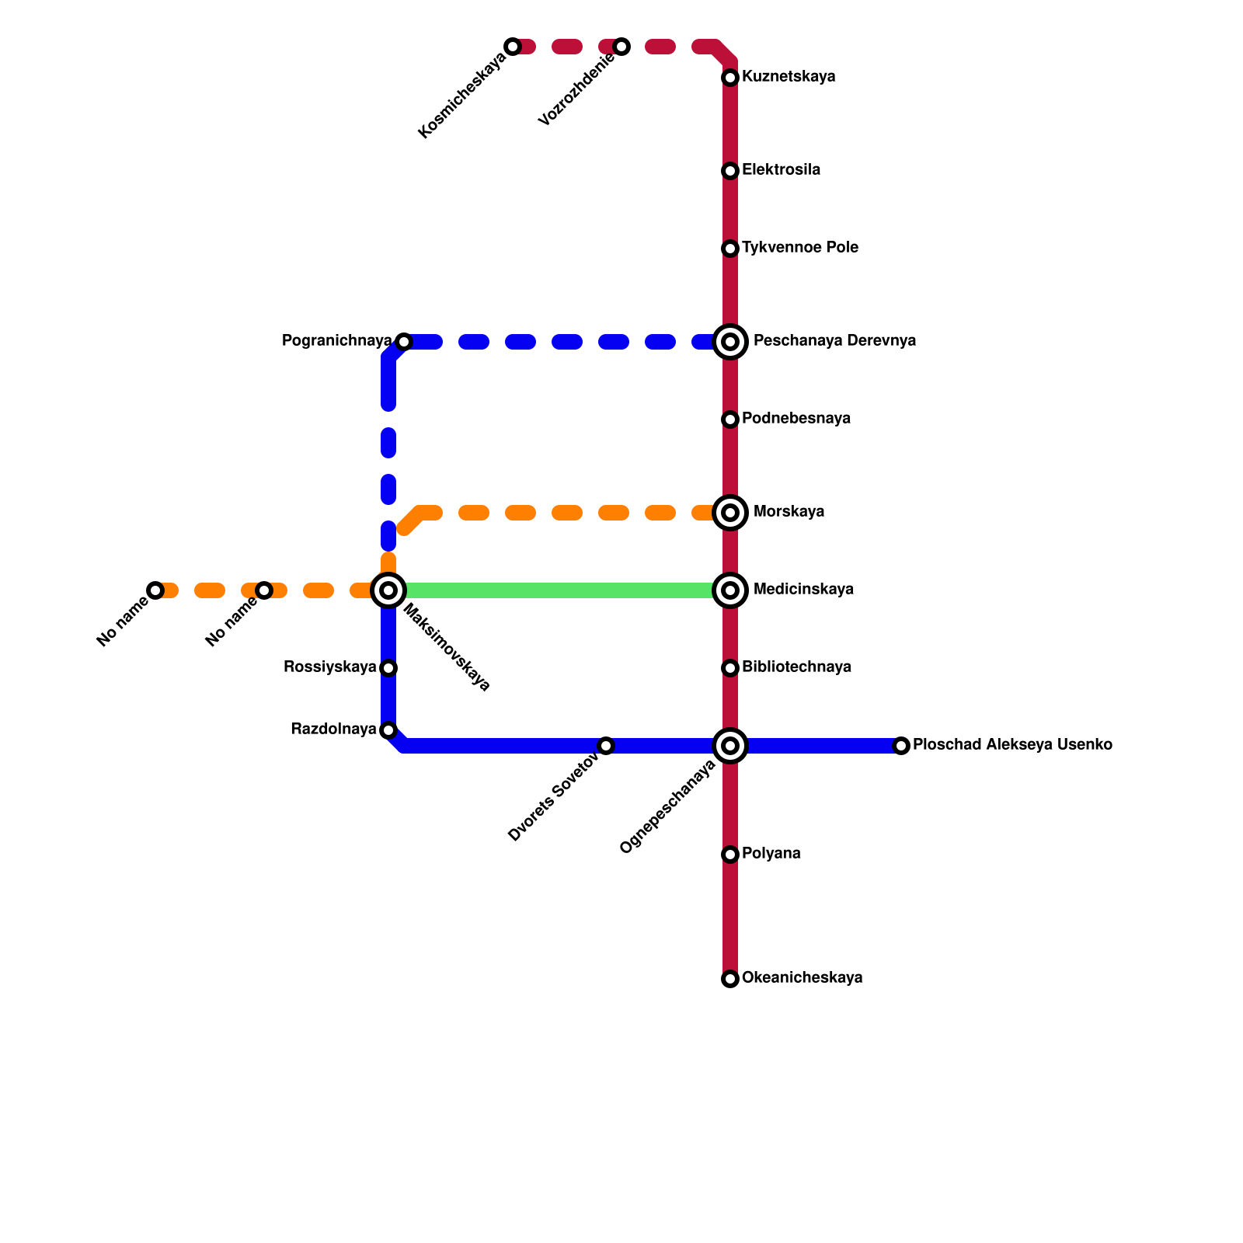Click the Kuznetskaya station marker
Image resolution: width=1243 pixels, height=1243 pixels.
(730, 78)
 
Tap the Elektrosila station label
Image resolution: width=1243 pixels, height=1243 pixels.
(781, 170)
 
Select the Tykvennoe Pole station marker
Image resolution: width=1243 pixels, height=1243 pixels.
(730, 249)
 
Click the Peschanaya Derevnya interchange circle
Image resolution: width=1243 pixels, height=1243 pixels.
(730, 342)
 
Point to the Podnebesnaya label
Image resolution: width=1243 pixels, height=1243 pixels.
(796, 419)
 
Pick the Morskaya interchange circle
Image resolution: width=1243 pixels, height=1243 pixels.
(730, 513)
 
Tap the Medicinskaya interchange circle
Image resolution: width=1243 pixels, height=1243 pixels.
(730, 590)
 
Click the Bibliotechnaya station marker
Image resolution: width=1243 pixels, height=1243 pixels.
(730, 668)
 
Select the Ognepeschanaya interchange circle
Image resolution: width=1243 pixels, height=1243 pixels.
(730, 746)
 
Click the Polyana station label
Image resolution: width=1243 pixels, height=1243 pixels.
(771, 854)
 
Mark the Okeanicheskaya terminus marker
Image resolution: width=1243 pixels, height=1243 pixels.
(730, 979)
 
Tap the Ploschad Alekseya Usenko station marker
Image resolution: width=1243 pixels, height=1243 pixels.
(901, 746)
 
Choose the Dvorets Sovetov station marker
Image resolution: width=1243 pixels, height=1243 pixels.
(606, 746)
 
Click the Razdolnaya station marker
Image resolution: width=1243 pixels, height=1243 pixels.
(388, 730)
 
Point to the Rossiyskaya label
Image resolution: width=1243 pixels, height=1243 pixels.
(330, 667)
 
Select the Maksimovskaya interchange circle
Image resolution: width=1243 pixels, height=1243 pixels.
(388, 590)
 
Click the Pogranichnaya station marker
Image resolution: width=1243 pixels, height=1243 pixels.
(404, 342)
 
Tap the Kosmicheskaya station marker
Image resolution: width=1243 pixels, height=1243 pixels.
(513, 47)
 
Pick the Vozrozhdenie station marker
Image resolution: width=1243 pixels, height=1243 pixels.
(621, 47)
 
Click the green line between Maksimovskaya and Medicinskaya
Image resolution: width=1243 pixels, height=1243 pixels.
(559, 590)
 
